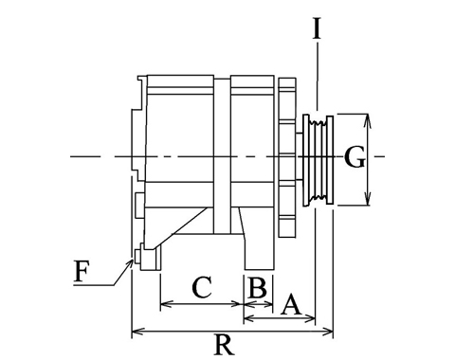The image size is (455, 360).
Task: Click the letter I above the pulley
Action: pos(317,28)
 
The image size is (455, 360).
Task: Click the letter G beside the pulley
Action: pos(355,157)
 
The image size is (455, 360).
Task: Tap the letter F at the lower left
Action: pos(82,271)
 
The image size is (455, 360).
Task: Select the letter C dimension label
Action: pos(202,287)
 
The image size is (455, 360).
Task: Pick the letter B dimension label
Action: pos(258,287)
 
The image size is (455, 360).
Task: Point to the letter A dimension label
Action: pos(291,304)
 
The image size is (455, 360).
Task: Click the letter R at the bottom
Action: pos(225,344)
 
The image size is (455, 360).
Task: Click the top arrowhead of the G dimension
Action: pos(367,118)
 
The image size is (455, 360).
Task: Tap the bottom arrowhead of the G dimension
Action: pos(367,200)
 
